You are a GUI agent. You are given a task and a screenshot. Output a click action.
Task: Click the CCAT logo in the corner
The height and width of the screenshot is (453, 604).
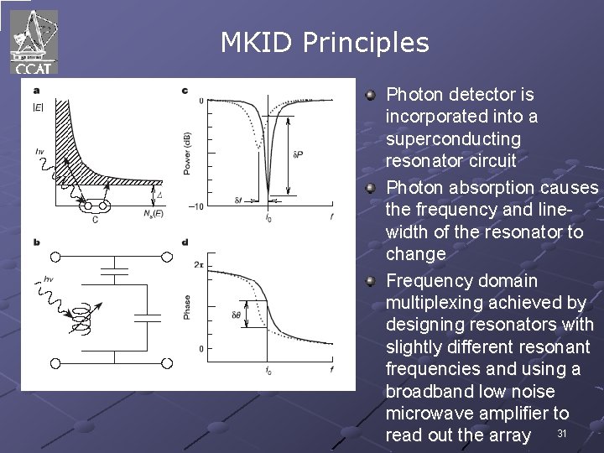coord(34,40)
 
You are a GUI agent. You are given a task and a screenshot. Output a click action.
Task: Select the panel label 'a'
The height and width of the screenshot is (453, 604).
coord(36,91)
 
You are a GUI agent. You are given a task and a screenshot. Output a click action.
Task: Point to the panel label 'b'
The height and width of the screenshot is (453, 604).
coord(36,242)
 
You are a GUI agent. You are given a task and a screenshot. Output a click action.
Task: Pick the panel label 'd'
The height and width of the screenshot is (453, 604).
coord(185,242)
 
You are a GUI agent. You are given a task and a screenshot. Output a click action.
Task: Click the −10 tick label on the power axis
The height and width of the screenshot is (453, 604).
coord(195,206)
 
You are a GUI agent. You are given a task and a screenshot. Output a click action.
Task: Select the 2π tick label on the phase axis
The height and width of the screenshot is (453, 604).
coord(199,264)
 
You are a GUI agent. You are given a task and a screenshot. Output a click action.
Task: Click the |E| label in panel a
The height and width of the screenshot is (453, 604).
coord(39,107)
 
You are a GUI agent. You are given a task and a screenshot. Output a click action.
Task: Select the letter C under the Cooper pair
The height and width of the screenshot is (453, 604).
coord(95,219)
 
